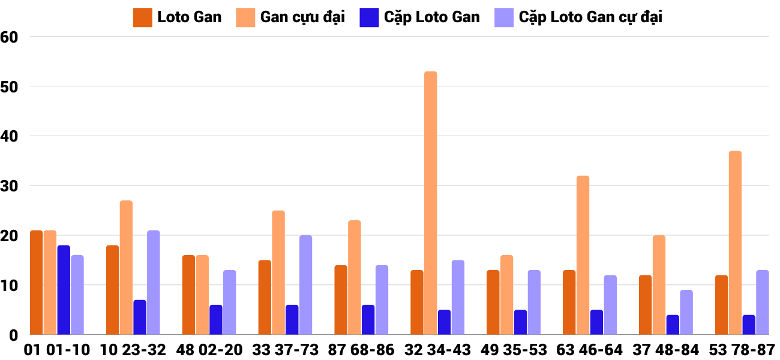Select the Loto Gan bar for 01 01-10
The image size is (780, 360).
point(36,283)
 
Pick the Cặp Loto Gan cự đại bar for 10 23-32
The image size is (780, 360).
point(154,283)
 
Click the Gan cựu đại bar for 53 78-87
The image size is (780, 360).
point(735,243)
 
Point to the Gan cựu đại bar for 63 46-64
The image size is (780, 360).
point(583,255)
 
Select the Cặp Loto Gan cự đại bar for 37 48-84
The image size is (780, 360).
point(686,312)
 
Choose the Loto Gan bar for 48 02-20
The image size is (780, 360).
point(188,295)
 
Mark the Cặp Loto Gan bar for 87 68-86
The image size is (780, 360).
point(368,320)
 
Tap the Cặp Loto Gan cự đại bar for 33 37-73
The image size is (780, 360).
point(305,285)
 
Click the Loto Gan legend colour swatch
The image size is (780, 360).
point(142,17)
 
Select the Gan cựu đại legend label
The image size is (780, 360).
point(302,17)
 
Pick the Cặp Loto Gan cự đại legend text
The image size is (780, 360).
point(590,17)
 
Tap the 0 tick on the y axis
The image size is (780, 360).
point(15,335)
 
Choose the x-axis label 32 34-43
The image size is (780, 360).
point(437,350)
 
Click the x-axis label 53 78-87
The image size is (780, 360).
point(742,350)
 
